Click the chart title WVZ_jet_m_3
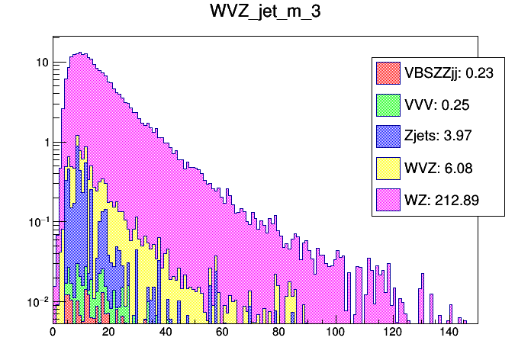[x=265, y=14]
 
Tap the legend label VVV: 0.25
[x=434, y=104]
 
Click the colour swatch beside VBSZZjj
[x=388, y=73]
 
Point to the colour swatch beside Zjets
[x=388, y=137]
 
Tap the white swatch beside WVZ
[x=388, y=169]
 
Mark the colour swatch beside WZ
[x=388, y=201]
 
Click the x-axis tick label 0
[x=53, y=333]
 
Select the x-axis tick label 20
[x=109, y=333]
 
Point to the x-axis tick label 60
[x=223, y=333]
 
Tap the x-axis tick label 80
[x=279, y=333]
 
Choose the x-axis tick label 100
[x=336, y=333]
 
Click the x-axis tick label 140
[x=449, y=333]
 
